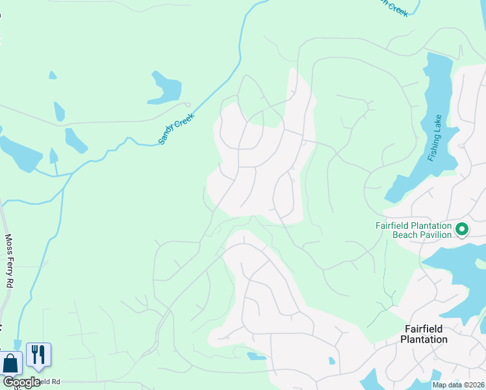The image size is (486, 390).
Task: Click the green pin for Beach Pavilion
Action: [462, 229]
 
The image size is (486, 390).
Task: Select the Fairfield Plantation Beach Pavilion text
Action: [413, 230]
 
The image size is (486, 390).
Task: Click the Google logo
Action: [21, 382]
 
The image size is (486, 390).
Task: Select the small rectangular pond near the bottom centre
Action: [257, 356]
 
